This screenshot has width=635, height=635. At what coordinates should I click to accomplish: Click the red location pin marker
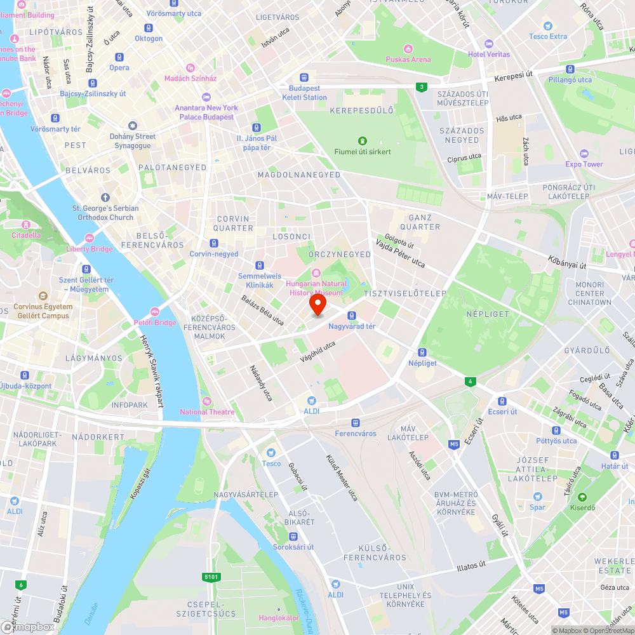317,305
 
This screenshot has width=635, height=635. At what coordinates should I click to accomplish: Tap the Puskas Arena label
408,60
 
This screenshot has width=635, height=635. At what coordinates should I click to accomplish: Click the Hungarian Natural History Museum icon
317,272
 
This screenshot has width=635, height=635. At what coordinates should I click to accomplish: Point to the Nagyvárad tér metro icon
352,316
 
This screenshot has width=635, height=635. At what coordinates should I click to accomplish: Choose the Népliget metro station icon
422,352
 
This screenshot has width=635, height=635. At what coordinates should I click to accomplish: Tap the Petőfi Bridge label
155,323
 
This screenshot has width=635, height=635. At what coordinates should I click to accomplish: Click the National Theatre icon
207,401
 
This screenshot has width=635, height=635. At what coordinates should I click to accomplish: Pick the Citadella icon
26,224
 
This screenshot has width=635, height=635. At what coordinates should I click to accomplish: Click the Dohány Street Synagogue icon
132,126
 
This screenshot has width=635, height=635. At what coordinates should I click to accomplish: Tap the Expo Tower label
584,164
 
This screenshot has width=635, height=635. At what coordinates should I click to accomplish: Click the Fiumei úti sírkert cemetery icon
362,140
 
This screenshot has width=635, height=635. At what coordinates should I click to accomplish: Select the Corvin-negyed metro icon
213,243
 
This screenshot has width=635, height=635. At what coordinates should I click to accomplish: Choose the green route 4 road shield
470,381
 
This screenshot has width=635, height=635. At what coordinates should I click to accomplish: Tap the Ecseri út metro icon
502,401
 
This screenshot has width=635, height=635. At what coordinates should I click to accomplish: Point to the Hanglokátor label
279,618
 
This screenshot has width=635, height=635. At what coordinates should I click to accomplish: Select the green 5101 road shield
212,577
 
